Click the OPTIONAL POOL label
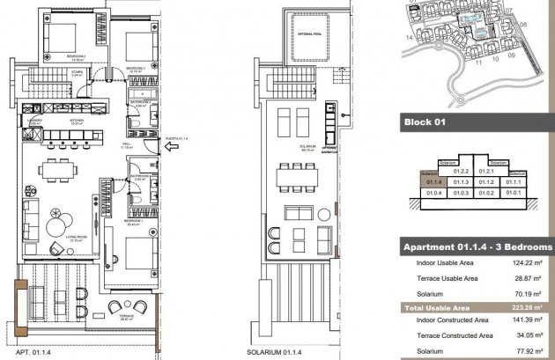pyautogui.click(x=309, y=36)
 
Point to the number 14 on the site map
pyautogui.click(x=409, y=39)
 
